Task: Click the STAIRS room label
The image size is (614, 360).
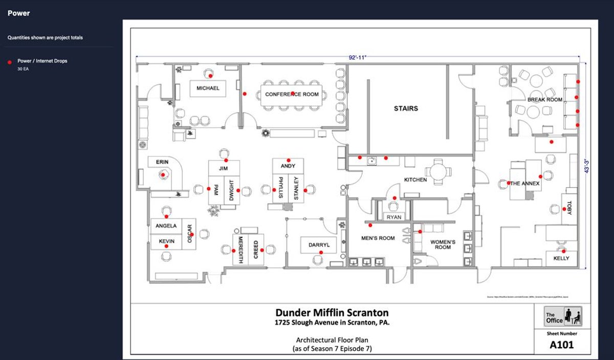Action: (x=406, y=108)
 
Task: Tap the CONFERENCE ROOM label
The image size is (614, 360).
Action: (x=292, y=94)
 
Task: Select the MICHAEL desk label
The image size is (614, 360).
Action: (x=208, y=88)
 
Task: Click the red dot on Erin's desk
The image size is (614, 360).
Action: (x=163, y=175)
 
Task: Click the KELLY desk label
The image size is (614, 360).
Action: (x=561, y=259)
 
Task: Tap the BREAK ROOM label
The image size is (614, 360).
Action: (x=544, y=100)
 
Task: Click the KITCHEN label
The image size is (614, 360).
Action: (x=415, y=180)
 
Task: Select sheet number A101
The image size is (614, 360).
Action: (x=561, y=345)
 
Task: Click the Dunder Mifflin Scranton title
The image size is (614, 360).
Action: (x=332, y=312)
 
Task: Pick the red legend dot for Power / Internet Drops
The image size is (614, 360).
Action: (x=9, y=61)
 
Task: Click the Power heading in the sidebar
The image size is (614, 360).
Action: (x=18, y=13)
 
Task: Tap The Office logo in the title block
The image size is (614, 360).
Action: (x=563, y=317)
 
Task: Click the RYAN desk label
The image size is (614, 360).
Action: (x=393, y=217)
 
